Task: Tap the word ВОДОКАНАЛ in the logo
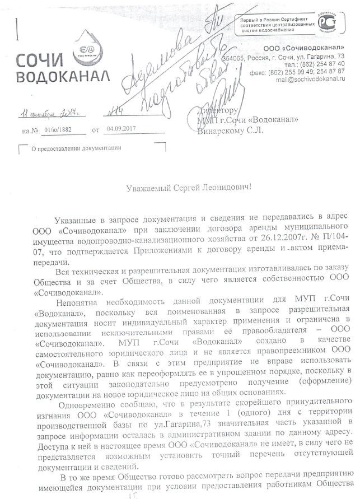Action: [x=62, y=77]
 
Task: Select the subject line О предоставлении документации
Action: [x=76, y=148]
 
